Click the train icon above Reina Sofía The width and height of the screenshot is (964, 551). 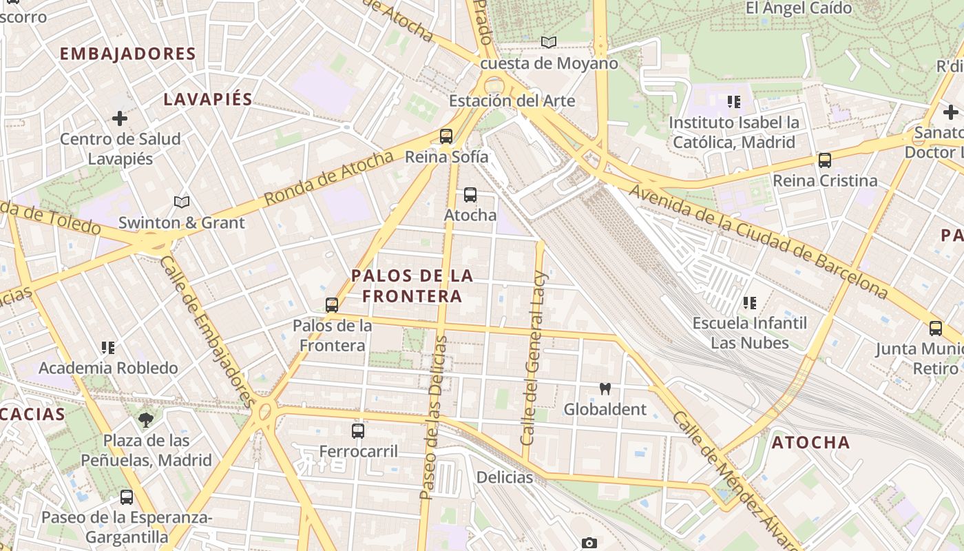coord(446,136)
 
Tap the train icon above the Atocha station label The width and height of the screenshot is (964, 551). coord(470,195)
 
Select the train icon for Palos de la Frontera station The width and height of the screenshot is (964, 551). coord(332,304)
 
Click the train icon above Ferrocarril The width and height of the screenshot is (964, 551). coord(358,431)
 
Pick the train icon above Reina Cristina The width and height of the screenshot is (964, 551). coord(824,160)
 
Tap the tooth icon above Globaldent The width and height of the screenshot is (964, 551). coord(605,388)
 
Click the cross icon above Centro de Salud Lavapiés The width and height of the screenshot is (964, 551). coord(120,118)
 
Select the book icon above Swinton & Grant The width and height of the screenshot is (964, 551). coord(182,202)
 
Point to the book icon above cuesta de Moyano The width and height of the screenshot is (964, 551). coord(549,43)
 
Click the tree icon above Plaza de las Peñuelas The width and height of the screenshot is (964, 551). coord(146,419)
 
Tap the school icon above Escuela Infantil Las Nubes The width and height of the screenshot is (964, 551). coord(750,302)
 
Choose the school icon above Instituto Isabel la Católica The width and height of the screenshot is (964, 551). coord(734,102)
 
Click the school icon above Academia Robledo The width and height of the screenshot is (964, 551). coord(108,347)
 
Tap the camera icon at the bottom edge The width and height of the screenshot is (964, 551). coord(589,543)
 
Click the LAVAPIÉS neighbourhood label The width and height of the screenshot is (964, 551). coord(208,99)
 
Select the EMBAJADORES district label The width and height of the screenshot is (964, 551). coord(128,54)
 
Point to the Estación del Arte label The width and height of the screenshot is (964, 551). coord(512,101)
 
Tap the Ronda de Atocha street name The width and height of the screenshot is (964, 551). coord(328,178)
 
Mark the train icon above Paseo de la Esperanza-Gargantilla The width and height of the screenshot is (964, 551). coord(127,497)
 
